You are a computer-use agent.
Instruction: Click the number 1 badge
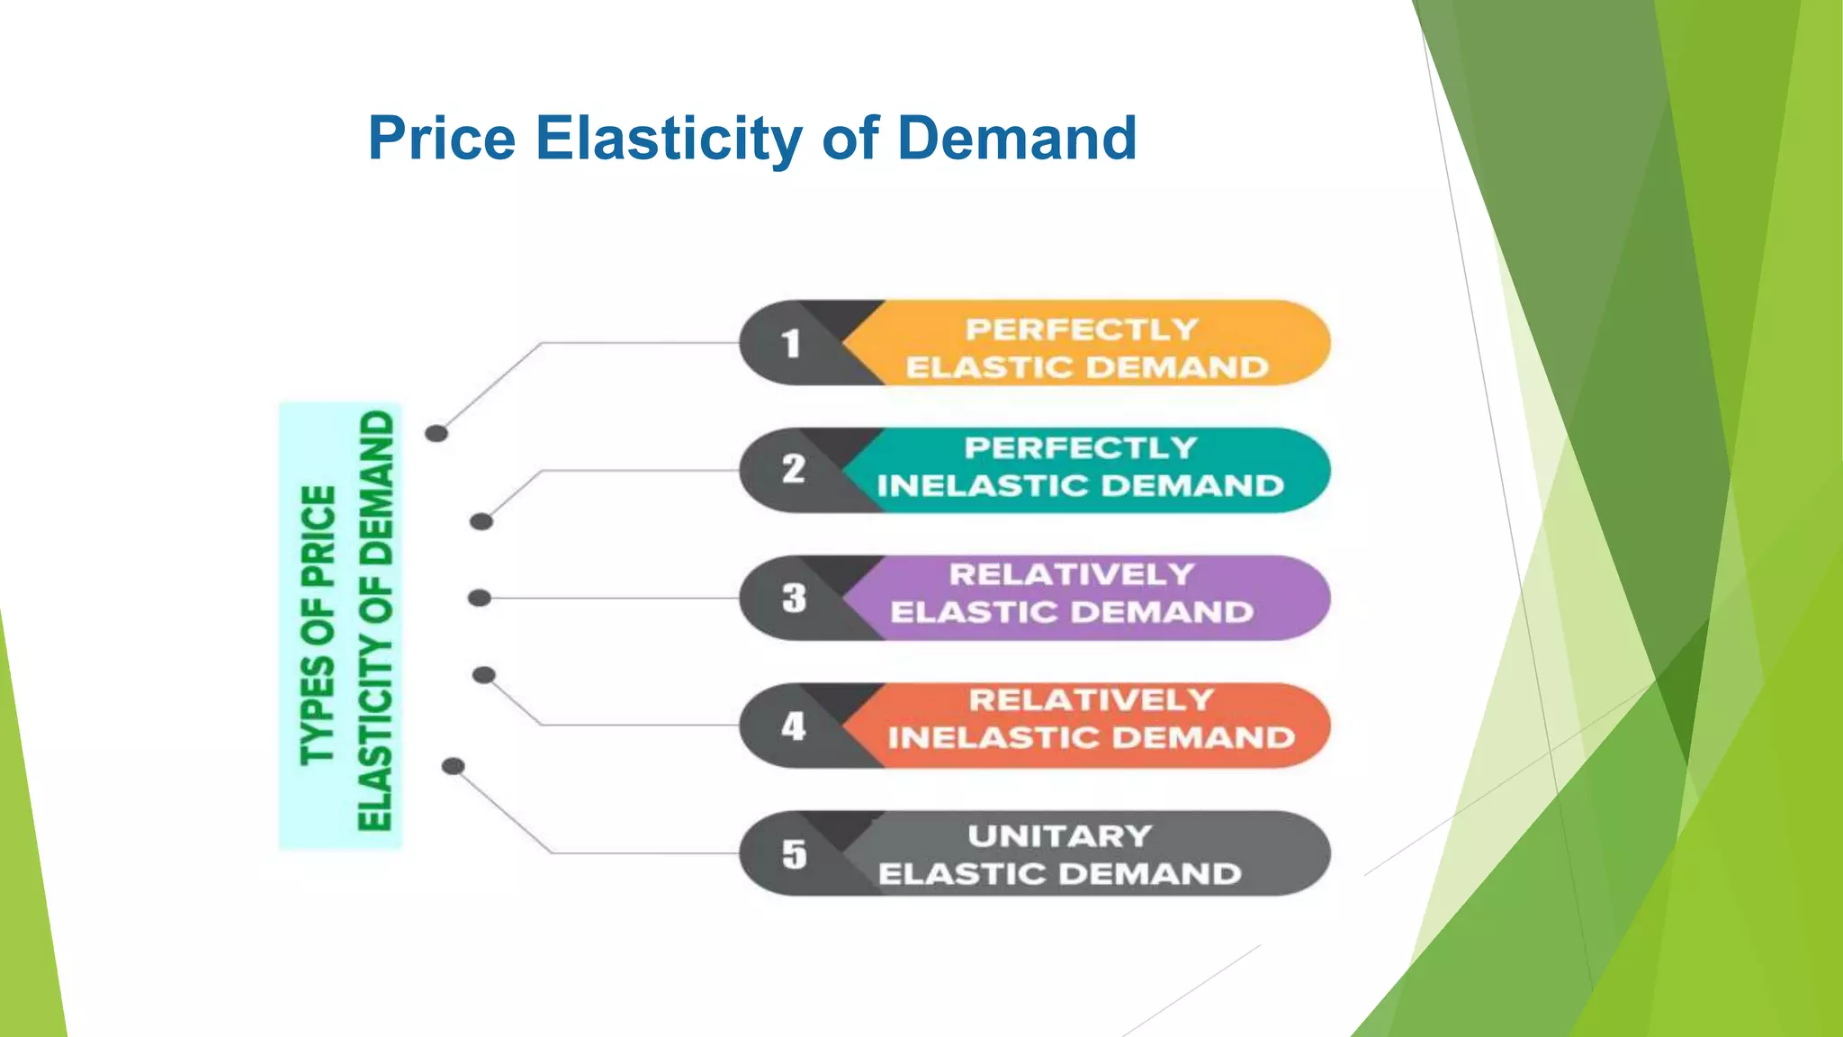coord(791,343)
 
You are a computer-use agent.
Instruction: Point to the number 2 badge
coord(793,470)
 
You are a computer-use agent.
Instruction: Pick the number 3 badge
coord(794,598)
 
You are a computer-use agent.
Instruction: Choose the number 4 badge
coord(793,726)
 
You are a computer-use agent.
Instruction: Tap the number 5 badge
coord(794,853)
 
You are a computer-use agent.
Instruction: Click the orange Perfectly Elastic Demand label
coord(1086,348)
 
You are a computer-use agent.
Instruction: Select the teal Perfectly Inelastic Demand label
coord(1081,467)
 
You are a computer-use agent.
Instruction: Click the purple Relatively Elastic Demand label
coord(1072,593)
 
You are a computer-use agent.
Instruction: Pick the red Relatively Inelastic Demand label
coord(1091,719)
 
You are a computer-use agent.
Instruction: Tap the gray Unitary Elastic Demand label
coord(1060,855)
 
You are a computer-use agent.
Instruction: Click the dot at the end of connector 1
coord(436,434)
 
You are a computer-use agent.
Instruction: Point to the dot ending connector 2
coord(481,521)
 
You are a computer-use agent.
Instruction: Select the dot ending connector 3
coord(480,598)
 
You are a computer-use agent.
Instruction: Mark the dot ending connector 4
coord(484,675)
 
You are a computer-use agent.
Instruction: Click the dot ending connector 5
coord(454,766)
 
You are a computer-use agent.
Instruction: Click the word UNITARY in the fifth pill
coord(1060,836)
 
